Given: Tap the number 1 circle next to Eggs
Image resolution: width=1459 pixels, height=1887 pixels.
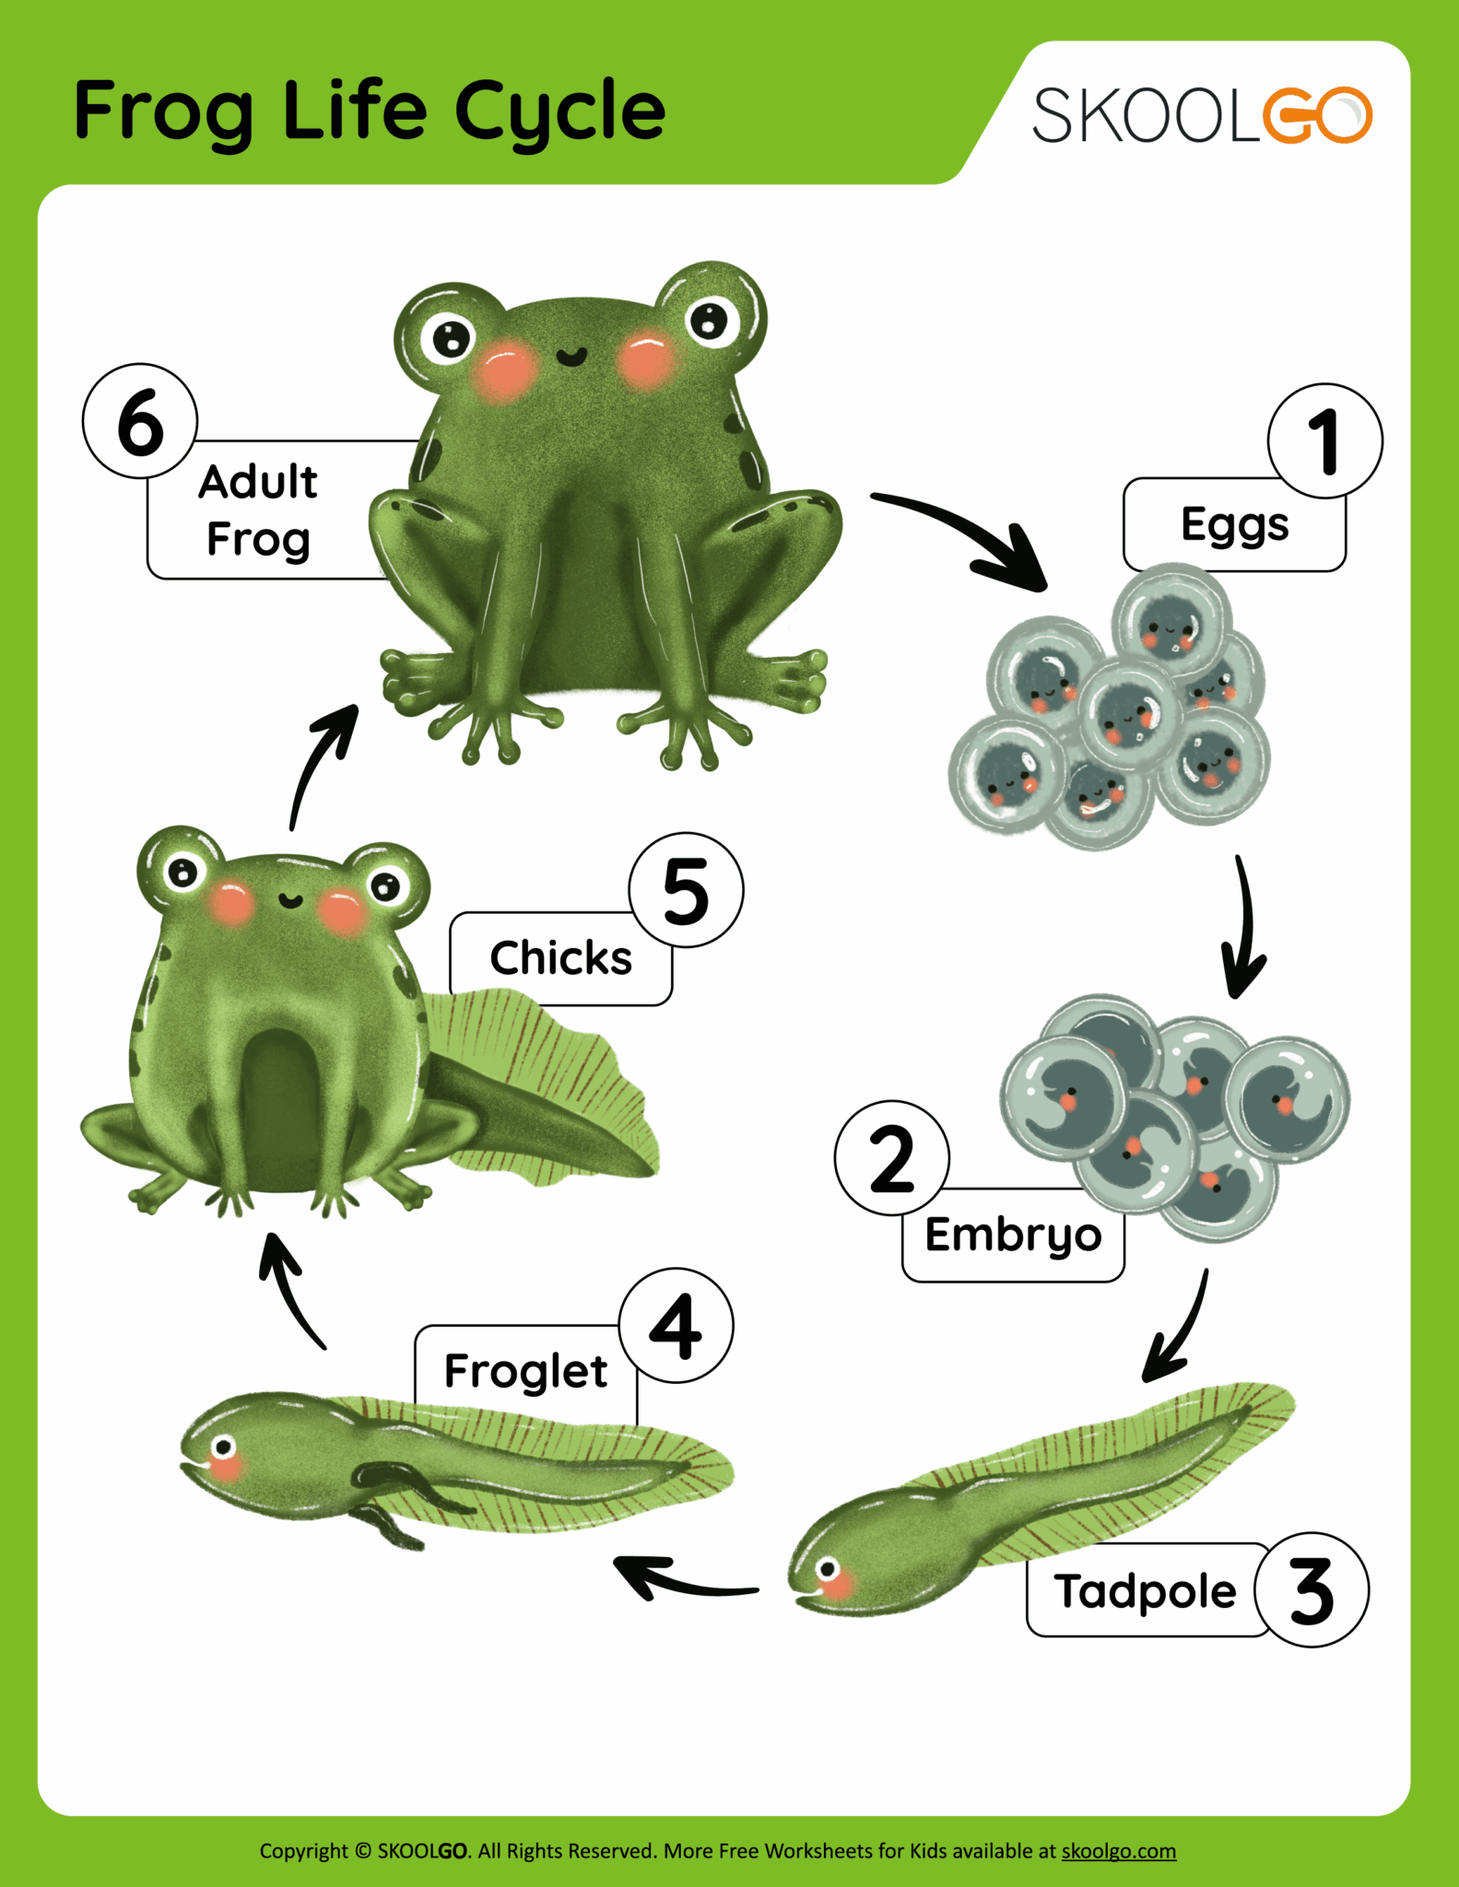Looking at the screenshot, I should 1324,441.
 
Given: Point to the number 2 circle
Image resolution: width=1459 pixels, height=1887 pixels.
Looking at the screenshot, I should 891,1158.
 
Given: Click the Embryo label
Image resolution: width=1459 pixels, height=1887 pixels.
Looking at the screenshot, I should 1013,1237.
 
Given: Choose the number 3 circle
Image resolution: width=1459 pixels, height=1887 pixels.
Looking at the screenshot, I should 1312,1591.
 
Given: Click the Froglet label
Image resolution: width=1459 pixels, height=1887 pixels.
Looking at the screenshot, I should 525,1372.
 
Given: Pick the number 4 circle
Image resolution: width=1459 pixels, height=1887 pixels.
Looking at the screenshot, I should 677,1326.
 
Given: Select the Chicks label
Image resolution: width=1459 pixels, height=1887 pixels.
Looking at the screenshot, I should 559,959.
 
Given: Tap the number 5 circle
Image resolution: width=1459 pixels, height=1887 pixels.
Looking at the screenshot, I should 686,891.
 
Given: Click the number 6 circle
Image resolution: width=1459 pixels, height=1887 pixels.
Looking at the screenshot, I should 140,422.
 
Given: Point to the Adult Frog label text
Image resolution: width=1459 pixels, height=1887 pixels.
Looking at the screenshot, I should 259,510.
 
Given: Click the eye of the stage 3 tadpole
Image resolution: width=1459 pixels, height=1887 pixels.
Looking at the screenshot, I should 828,1569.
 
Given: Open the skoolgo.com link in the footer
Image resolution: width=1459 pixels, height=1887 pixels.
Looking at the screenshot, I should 1118,1851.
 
